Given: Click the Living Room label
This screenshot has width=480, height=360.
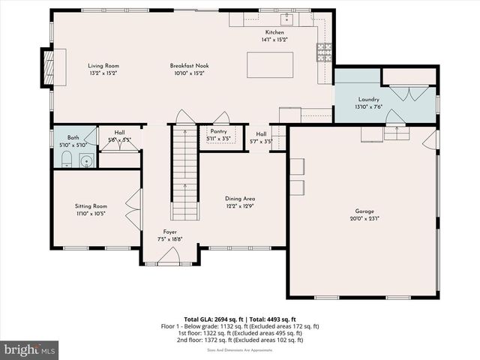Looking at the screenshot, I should pos(103,66).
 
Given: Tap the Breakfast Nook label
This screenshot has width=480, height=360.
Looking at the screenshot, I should pos(187,66).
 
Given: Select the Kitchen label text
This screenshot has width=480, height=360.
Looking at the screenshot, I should pos(274,32).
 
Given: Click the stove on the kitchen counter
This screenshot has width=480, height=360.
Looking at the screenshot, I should pos(325,52).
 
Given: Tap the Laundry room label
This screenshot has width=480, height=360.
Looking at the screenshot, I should pos(368,99).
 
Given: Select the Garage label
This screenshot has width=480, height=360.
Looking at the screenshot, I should pos(364,211).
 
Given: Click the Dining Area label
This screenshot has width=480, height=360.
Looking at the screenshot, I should pos(240,198).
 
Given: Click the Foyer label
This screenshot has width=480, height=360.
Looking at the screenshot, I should pos(170,232).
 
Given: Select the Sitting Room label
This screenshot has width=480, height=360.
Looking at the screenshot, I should pos(91,205).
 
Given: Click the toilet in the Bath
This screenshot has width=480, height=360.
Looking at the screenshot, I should pos(65,159).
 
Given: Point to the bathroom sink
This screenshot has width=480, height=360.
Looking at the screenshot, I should pos(85,160).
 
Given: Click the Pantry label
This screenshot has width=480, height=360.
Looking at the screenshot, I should pos(218,131).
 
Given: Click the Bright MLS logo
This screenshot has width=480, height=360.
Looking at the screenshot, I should pos(30,349).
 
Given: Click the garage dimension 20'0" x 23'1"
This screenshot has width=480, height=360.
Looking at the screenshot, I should pos(364,218).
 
